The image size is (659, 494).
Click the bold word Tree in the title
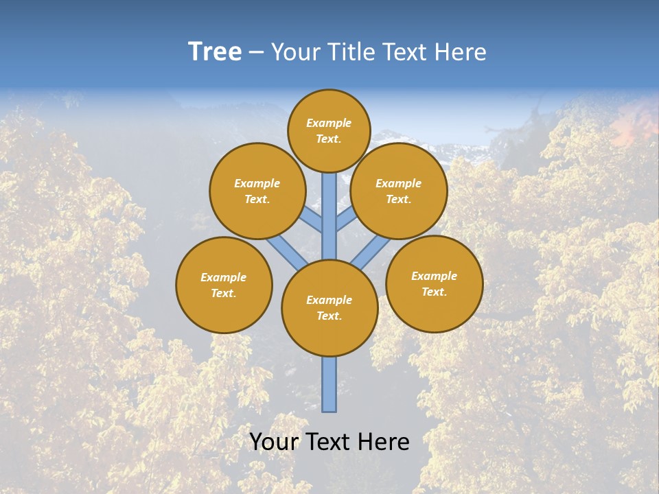[215, 52]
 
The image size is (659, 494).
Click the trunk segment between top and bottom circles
[329, 216]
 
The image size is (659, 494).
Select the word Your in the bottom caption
[275, 442]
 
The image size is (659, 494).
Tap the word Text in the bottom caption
[330, 442]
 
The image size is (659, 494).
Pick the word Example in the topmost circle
[329, 123]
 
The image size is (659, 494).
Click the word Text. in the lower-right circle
[435, 292]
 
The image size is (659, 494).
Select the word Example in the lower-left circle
[224, 278]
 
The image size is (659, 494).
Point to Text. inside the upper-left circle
[257, 200]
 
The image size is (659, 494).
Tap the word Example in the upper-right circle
[399, 184]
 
